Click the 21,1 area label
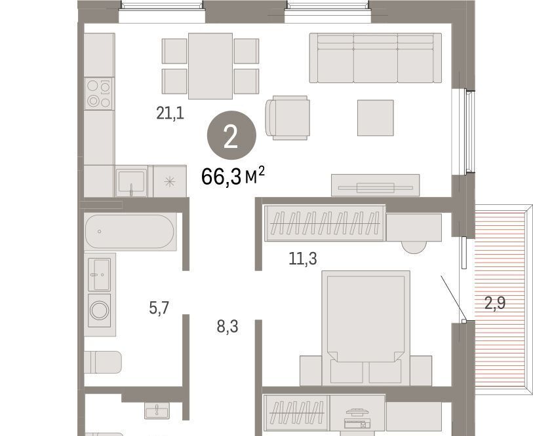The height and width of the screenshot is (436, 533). [x=170, y=113]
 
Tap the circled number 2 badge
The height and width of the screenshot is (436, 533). [x=231, y=135]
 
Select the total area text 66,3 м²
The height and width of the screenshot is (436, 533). [x=233, y=176]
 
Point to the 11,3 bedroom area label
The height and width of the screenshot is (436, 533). [x=302, y=259]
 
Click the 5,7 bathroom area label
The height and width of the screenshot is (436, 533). [x=159, y=308]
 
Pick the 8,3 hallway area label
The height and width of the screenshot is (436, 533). [x=227, y=327]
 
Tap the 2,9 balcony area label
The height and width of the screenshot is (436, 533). [x=494, y=303]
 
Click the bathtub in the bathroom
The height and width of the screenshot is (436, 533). [x=130, y=231]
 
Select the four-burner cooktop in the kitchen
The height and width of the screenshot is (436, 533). [x=99, y=94]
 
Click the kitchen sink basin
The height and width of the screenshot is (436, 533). [x=131, y=181]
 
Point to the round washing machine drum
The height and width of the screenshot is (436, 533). [x=99, y=310]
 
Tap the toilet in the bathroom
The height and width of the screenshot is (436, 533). [x=103, y=362]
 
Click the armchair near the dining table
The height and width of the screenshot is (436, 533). [x=288, y=117]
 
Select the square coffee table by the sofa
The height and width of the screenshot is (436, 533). [x=375, y=118]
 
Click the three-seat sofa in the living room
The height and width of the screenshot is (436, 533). [x=375, y=58]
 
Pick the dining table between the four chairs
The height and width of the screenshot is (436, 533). [x=210, y=66]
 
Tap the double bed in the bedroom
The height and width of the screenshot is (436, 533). [x=366, y=328]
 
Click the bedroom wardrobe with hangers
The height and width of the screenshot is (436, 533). [x=325, y=223]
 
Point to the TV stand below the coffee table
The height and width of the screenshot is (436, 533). [x=375, y=185]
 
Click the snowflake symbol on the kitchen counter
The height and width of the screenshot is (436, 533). [x=170, y=182]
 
